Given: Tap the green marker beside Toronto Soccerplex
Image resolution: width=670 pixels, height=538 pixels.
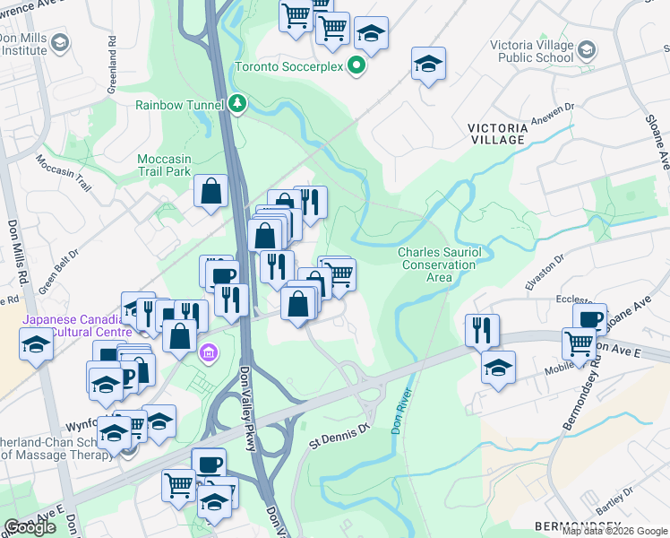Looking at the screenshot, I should click(356, 65).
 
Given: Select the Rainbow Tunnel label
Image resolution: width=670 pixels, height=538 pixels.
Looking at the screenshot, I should click(179, 105).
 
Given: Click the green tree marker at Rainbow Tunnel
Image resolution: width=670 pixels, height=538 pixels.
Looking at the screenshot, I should click(236, 104).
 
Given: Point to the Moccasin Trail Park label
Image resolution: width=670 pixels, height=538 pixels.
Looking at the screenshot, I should click(165, 165).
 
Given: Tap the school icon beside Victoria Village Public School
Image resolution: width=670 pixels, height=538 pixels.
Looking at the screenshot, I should click(588, 48).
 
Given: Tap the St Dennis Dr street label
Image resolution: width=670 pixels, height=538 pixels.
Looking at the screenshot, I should click(339, 431).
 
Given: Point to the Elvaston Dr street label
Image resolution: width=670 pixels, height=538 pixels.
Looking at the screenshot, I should click(545, 269).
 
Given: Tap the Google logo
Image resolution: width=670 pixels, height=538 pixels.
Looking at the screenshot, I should click(30, 527).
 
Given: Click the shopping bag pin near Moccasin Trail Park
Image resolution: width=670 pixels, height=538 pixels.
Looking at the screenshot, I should click(210, 191).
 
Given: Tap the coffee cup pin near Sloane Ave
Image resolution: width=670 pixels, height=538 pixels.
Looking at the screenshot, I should click(590, 319).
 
